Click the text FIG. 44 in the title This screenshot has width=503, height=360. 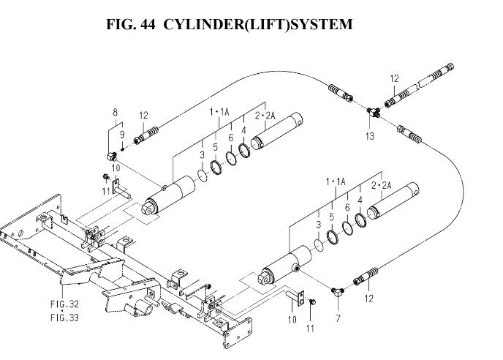click(x=132, y=24)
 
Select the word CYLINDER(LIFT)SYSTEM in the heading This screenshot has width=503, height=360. click(x=257, y=24)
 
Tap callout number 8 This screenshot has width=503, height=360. click(x=115, y=111)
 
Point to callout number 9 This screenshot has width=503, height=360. click(x=122, y=134)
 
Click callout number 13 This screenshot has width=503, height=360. click(x=371, y=136)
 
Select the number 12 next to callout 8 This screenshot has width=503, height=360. click(x=143, y=115)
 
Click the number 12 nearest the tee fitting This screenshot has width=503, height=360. click(x=394, y=78)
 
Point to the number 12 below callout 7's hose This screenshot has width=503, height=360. click(x=368, y=298)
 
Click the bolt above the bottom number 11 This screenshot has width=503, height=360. click(x=312, y=301)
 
